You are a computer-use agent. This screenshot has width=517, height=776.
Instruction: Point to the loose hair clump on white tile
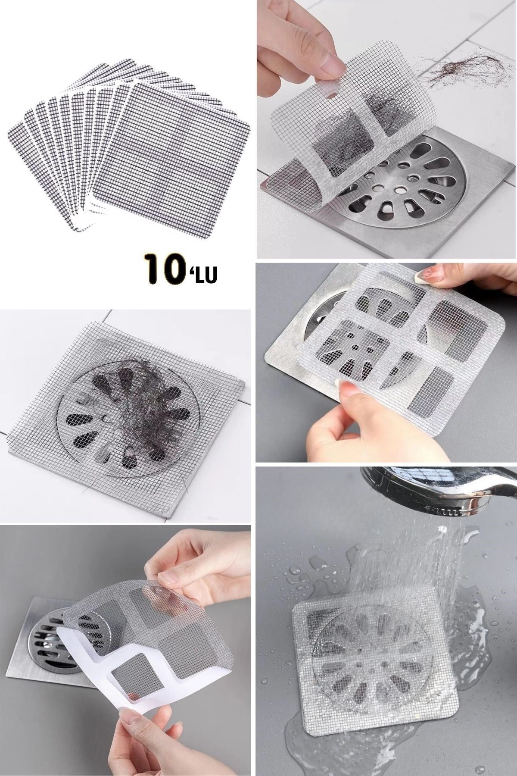[457, 69]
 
